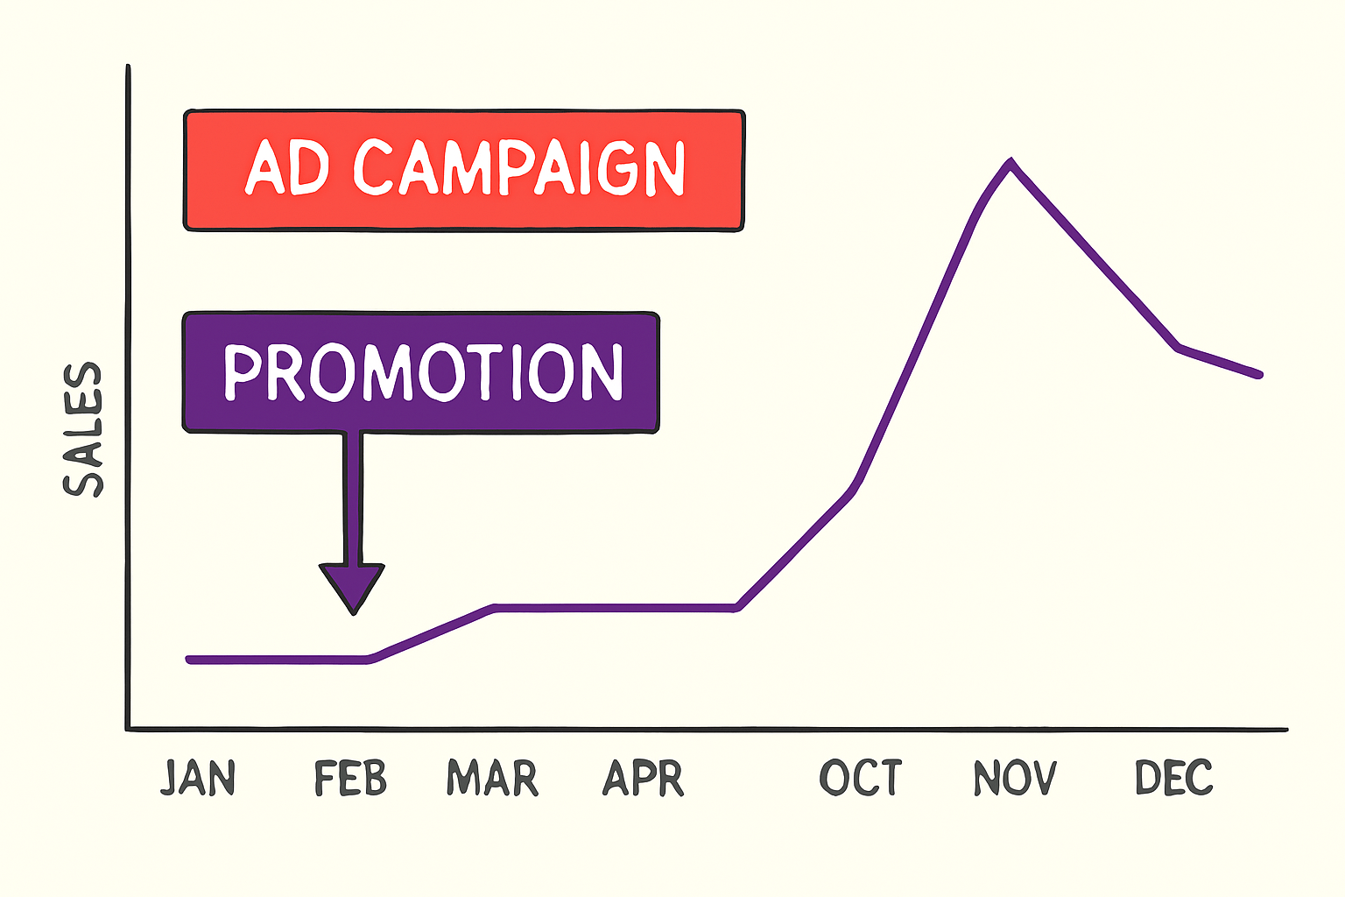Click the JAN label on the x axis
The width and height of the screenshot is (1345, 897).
[x=198, y=778]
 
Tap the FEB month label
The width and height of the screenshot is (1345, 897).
[x=350, y=778]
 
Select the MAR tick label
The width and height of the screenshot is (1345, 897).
[x=492, y=778]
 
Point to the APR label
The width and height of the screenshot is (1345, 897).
[x=643, y=778]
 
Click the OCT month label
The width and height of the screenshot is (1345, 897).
[x=861, y=778]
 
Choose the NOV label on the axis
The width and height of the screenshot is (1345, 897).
[x=1015, y=778]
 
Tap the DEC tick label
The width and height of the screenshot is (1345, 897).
[x=1173, y=778]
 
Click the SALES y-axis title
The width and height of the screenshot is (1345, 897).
[x=84, y=430]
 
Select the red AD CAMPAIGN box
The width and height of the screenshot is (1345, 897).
[x=464, y=171]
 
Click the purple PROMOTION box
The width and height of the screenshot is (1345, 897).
[x=420, y=371]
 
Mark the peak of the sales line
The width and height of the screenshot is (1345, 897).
[x=1011, y=162]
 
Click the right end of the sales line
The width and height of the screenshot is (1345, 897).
[x=1259, y=374]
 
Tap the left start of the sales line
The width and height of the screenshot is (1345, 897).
[x=189, y=660]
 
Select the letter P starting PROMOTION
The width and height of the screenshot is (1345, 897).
[x=242, y=372]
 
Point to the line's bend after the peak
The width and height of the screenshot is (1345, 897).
[x=1179, y=348]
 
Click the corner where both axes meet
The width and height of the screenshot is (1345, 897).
[x=129, y=728]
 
